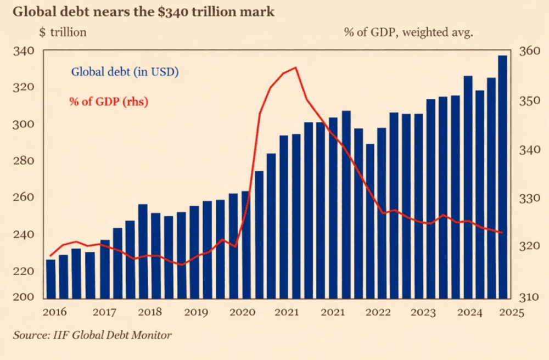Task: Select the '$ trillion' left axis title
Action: click(63, 32)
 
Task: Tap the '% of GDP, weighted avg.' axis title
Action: click(408, 32)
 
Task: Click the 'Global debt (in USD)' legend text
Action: click(125, 72)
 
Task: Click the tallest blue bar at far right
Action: click(502, 176)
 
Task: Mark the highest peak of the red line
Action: click(295, 67)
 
